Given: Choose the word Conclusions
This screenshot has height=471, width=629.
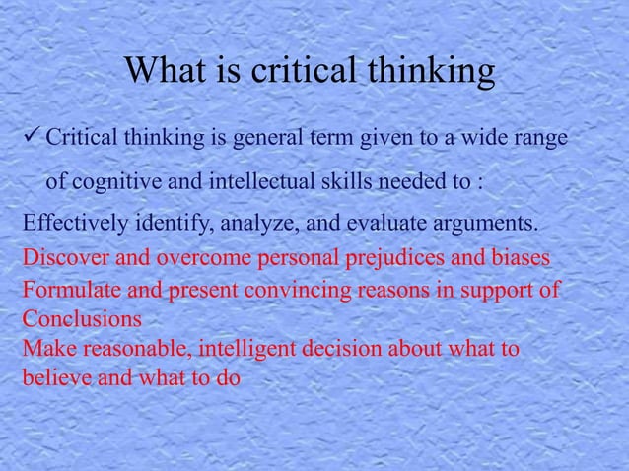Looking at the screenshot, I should pyautogui.click(x=81, y=320).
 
